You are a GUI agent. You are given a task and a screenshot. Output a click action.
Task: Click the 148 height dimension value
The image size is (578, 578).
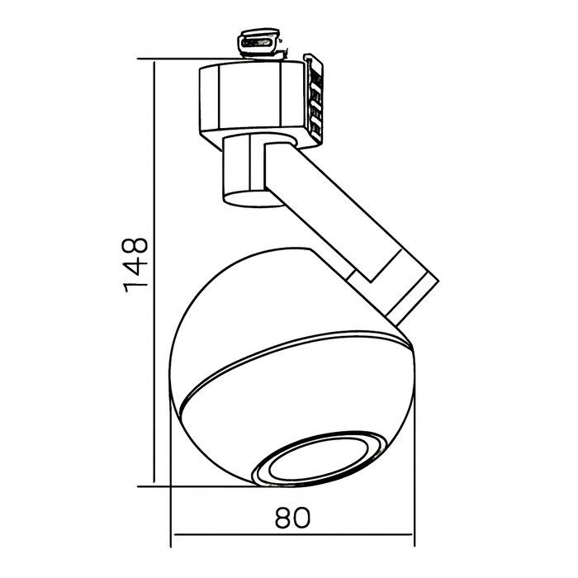pyautogui.click(x=135, y=263)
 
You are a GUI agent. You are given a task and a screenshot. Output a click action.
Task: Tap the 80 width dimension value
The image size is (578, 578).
pyautogui.click(x=292, y=517)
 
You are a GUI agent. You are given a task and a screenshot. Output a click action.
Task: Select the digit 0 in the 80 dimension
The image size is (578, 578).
pyautogui.click(x=306, y=517)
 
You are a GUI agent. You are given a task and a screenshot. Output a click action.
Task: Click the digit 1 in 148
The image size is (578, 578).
pyautogui.click(x=135, y=286)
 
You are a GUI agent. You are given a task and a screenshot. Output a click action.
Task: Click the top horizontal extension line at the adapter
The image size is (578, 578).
pyautogui.click(x=173, y=60)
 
